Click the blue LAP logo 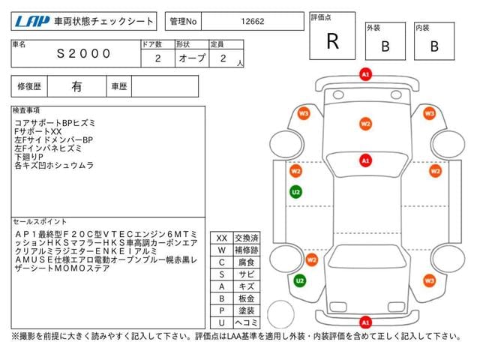pyautogui.click(x=32, y=22)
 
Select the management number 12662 pyautogui.click(x=253, y=22)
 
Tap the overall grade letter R pyautogui.click(x=333, y=41)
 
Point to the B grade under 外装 pyautogui.click(x=385, y=46)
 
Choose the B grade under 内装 pyautogui.click(x=434, y=46)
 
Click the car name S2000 pyautogui.click(x=83, y=53)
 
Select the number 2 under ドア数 pyautogui.click(x=158, y=58)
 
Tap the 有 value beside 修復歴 pyautogui.click(x=76, y=87)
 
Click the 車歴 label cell pyautogui.click(x=119, y=87)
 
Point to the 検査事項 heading pyautogui.click(x=26, y=110)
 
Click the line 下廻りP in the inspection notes pyautogui.click(x=28, y=157)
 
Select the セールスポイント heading pyautogui.click(x=40, y=222)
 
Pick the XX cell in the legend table pyautogui.click(x=222, y=238)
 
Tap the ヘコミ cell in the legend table pyautogui.click(x=247, y=322)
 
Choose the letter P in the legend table pyautogui.click(x=222, y=310)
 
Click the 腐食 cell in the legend pyautogui.click(x=247, y=262)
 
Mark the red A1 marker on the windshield pyautogui.click(x=365, y=160)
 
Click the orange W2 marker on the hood pyautogui.click(x=365, y=124)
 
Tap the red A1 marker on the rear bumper pyautogui.click(x=365, y=322)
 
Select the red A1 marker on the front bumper pyautogui.click(x=365, y=74)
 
